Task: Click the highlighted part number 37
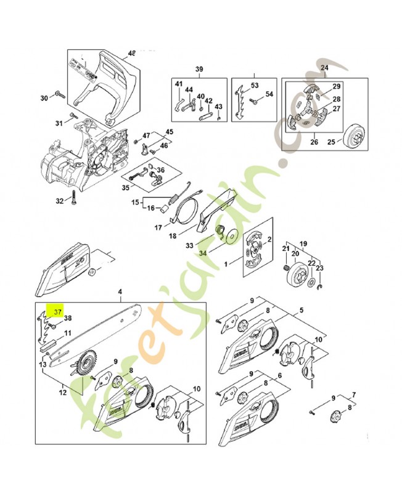pos(57,312)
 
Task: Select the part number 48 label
pos(131,53)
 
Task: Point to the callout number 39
pos(199,68)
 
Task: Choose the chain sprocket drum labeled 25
pos(356,135)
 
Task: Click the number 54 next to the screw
pos(269,94)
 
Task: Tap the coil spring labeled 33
pos(219,233)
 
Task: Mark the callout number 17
pos(158,227)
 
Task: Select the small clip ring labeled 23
pos(319,285)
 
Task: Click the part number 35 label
pos(125,188)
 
